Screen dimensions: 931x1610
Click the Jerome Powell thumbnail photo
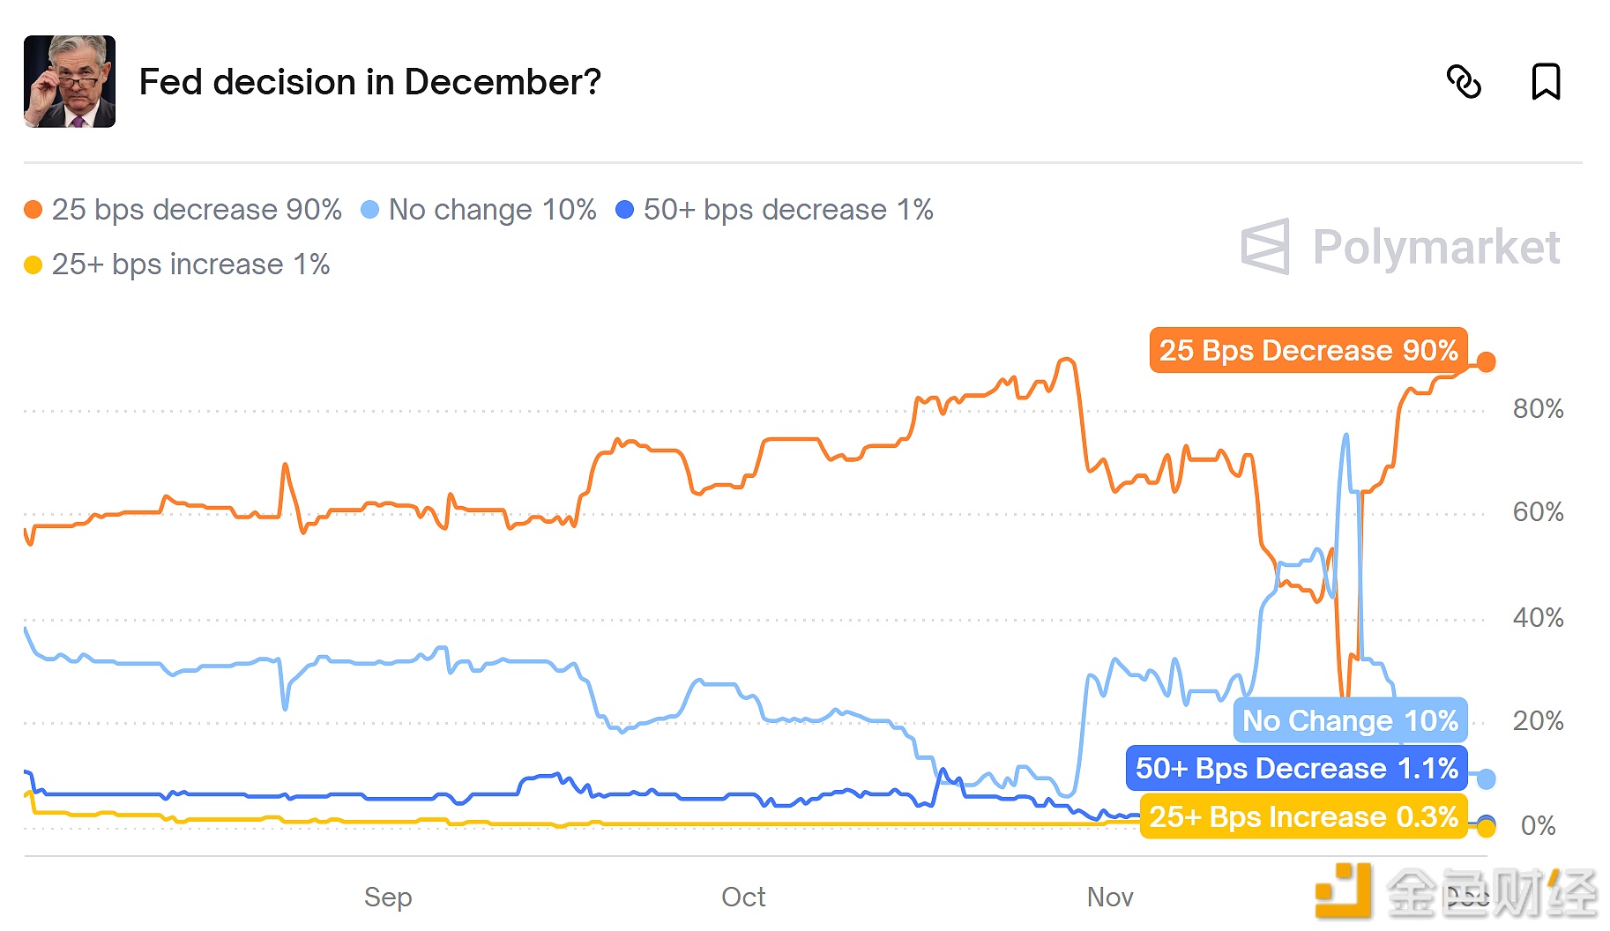click(70, 82)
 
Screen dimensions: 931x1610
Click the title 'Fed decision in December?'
click(370, 82)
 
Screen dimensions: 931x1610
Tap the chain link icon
click(1464, 82)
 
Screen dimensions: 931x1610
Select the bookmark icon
click(1546, 82)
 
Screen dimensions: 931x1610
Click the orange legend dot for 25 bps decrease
click(34, 210)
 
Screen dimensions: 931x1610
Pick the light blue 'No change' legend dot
click(370, 210)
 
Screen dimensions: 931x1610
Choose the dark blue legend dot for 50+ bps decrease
click(624, 210)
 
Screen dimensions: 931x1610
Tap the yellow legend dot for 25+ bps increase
click(34, 264)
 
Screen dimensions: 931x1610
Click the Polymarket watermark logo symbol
click(1265, 247)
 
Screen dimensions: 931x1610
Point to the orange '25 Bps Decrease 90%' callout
click(1308, 350)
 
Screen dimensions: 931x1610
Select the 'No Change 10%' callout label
click(1350, 720)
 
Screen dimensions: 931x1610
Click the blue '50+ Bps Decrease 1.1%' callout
click(1296, 768)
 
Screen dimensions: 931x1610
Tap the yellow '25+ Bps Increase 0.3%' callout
click(1303, 816)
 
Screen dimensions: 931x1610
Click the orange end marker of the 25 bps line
click(1486, 361)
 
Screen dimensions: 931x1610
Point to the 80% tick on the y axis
click(1538, 409)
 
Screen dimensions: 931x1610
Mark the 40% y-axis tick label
click(1538, 618)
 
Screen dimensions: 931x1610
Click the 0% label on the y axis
click(1538, 826)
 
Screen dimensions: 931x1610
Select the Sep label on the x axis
click(388, 897)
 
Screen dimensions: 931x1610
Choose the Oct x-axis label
click(743, 897)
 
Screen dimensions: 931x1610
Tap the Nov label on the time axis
click(1110, 897)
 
